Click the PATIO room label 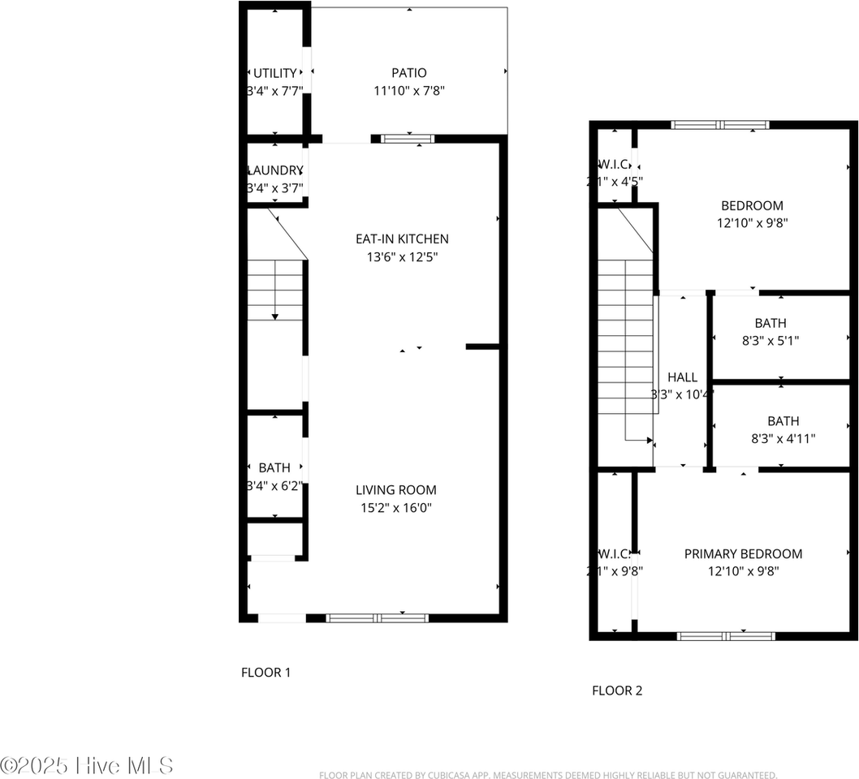408,73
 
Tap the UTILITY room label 274,74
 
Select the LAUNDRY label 274,170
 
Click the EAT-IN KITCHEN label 402,239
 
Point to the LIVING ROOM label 395,490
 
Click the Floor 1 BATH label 274,467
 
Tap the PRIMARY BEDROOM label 743,554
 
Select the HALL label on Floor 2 682,377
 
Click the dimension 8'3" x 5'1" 771,341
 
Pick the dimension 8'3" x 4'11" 783,439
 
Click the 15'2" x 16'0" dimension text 395,508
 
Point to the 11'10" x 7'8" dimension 408,91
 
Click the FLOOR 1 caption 265,672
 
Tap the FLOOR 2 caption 617,691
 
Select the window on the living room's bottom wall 377,618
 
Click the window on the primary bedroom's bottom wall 726,636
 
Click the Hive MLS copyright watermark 87,764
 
